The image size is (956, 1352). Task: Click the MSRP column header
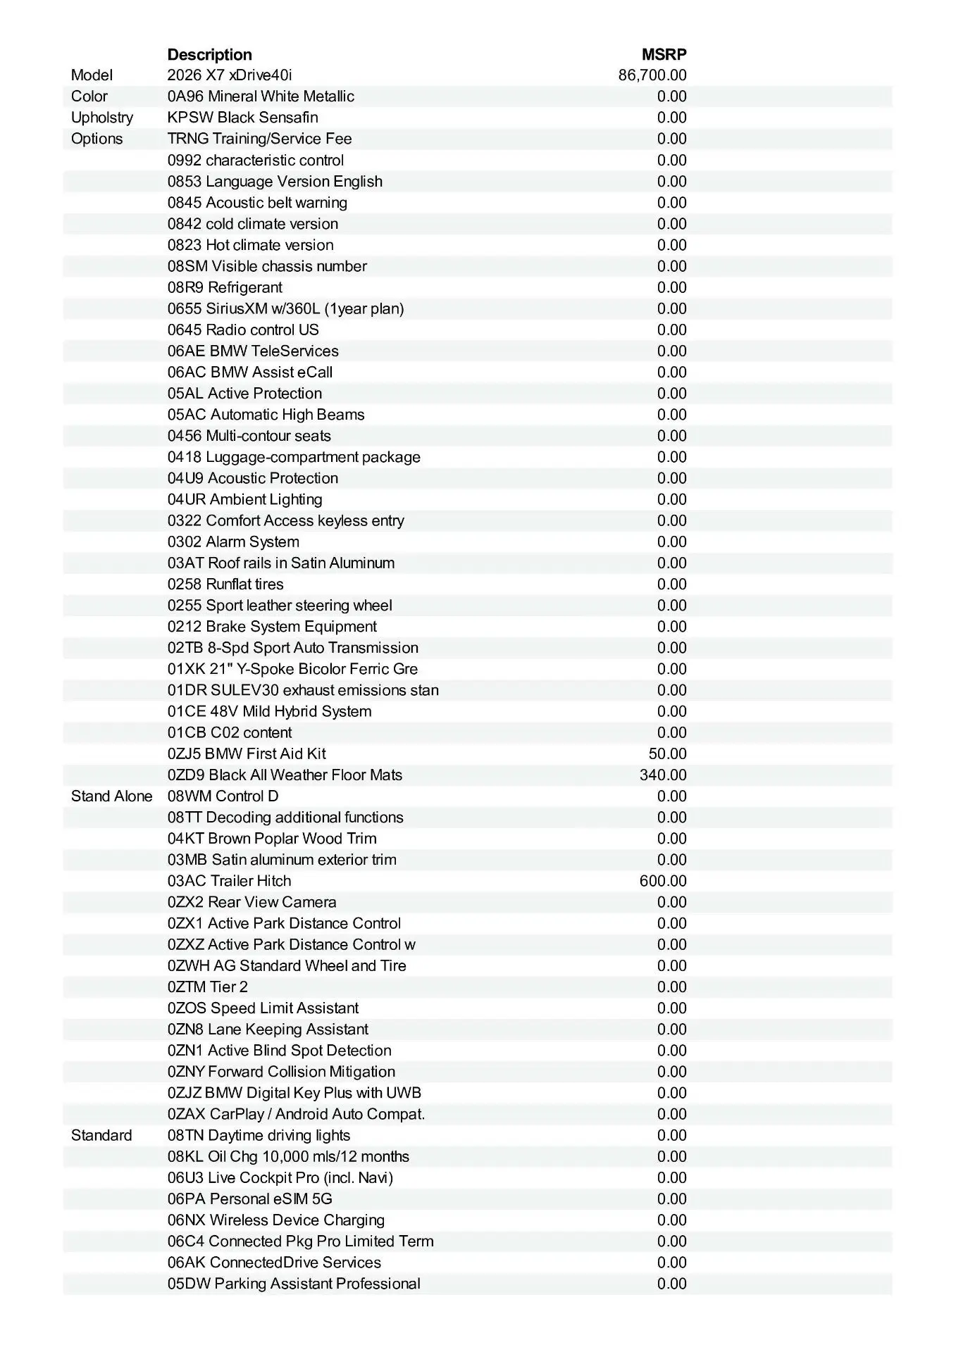coord(664,54)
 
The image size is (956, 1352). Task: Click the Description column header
coord(209,54)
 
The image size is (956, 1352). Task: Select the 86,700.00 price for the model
coord(652,75)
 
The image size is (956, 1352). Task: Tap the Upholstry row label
coord(101,118)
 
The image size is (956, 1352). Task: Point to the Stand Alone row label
coord(111,796)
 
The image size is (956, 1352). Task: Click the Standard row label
coord(101,1135)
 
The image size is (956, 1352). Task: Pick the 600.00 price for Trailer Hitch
coord(663,881)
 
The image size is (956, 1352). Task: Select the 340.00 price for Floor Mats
coord(663,775)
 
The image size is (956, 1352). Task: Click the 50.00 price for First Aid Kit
coord(667,754)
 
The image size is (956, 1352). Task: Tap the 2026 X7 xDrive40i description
coord(230,75)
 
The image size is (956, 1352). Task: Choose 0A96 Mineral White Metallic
coord(261,96)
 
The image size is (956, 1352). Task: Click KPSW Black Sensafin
coord(242,118)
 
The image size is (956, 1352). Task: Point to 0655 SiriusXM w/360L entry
coord(285,308)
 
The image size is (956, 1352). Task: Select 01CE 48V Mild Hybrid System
coord(269,711)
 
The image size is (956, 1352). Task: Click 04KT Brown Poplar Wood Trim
coord(272,839)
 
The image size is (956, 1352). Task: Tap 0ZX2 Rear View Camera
coord(252,902)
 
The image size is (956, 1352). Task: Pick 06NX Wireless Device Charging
coord(276,1220)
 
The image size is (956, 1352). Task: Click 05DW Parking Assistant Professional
coord(294,1283)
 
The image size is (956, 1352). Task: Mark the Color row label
coord(89,96)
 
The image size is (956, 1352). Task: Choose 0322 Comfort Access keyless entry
coord(285,520)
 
